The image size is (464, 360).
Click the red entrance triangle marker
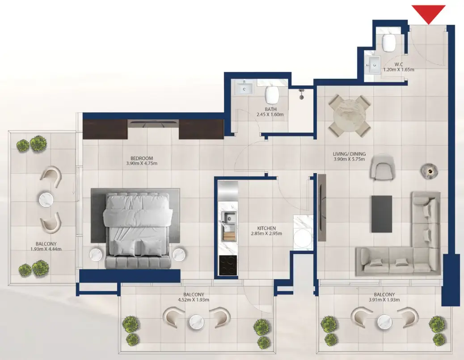[x=428, y=13]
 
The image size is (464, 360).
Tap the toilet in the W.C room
[x=388, y=43]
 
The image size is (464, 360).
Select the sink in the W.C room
[x=372, y=64]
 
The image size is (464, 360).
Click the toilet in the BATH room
[x=271, y=94]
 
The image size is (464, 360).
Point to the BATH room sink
[x=244, y=89]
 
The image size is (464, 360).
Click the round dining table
[x=350, y=115]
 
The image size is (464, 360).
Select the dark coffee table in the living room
[x=381, y=213]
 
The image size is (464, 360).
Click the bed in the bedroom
[x=137, y=229]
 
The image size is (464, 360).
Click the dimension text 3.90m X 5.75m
[x=349, y=159]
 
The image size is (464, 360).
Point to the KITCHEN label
[x=266, y=228]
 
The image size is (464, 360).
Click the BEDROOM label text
[x=142, y=158]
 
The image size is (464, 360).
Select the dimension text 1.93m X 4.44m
[x=46, y=249]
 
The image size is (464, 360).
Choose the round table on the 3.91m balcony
[x=385, y=321]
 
